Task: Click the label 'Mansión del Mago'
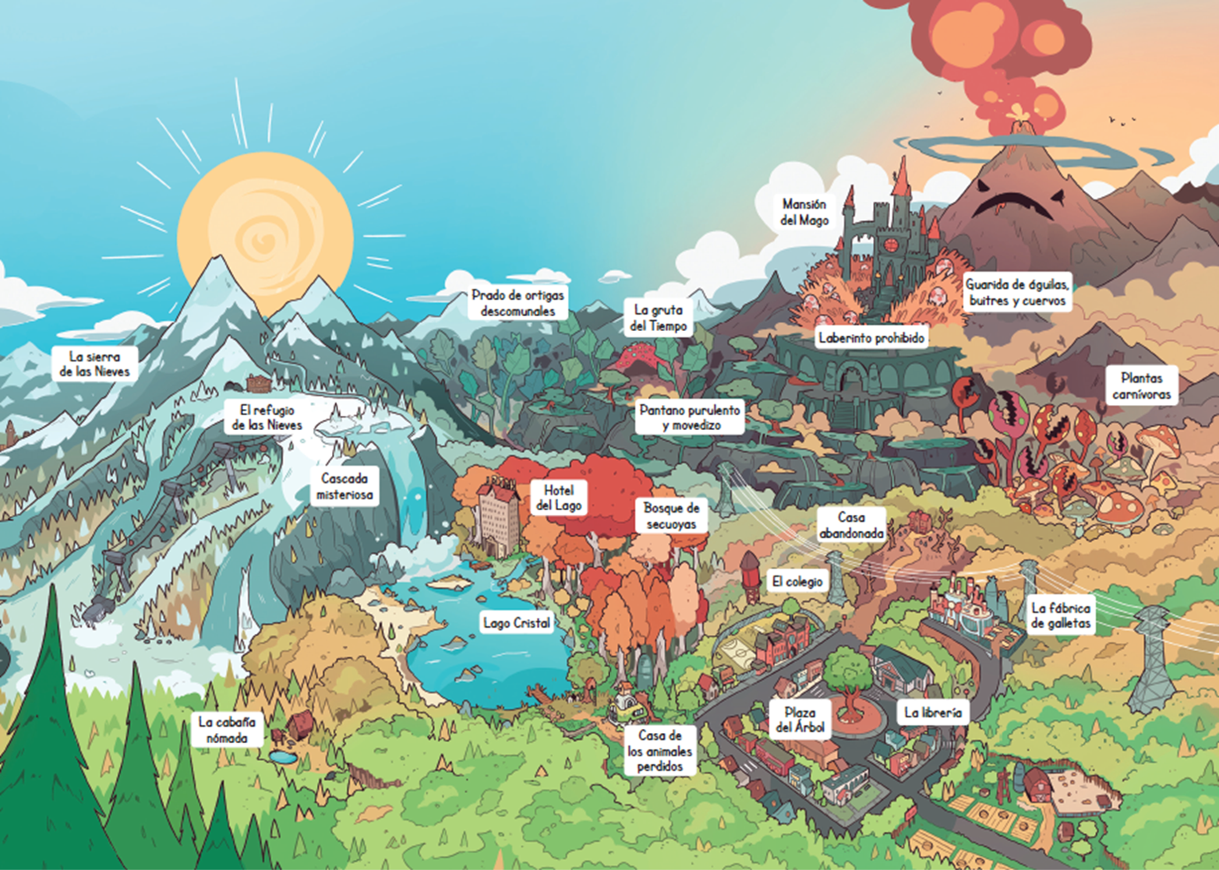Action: tap(804, 212)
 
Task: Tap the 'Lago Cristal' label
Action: tap(517, 622)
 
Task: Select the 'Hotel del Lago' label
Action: tap(559, 498)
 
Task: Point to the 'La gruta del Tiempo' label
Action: tap(659, 318)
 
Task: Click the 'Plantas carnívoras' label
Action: tap(1142, 386)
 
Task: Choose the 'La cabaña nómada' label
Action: tap(227, 730)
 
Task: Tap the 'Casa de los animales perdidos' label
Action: tap(659, 750)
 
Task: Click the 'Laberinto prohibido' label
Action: tap(871, 338)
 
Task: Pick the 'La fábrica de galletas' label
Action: tap(1061, 615)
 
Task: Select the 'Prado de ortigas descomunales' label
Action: tap(518, 303)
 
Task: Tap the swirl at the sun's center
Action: tap(265, 235)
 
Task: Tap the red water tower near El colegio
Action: tap(751, 576)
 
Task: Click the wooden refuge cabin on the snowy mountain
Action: tap(259, 383)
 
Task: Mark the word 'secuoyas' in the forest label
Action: tap(671, 525)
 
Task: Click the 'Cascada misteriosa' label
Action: tap(344, 486)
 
